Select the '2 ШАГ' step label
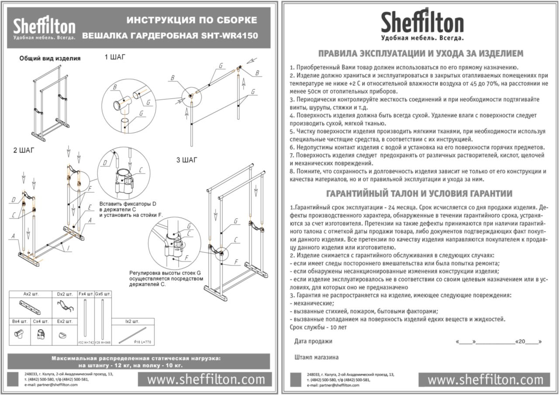[x=24, y=151]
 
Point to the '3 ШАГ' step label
[x=187, y=160]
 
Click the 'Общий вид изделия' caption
[x=50, y=58]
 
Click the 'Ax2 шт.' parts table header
[x=31, y=294]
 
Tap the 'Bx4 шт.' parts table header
[x=20, y=322]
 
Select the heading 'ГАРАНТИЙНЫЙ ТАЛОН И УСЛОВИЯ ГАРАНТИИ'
[x=420, y=193]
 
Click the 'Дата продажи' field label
[x=313, y=341]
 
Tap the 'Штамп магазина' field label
[x=316, y=357]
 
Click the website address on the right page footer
[x=485, y=380]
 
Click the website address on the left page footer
[x=206, y=380]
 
